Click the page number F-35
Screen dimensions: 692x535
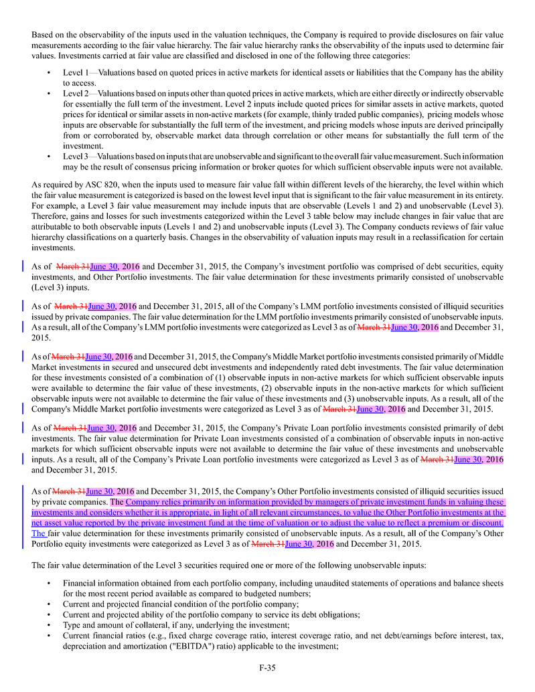pos(267,667)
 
